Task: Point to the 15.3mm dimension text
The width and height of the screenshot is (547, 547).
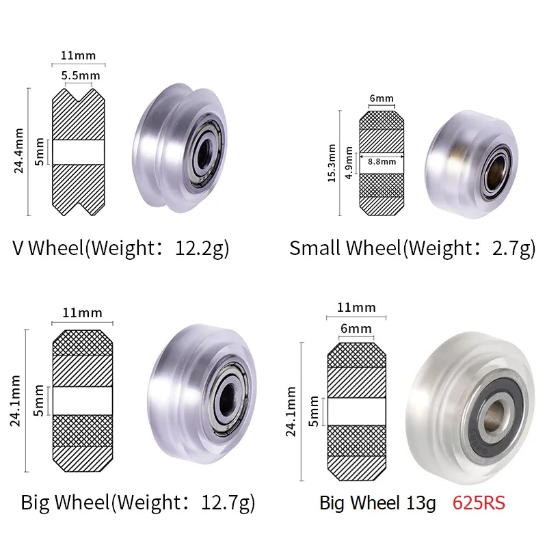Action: [332, 163]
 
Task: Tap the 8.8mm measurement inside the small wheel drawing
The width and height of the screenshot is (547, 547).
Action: [382, 162]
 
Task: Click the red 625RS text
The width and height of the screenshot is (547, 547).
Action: [479, 503]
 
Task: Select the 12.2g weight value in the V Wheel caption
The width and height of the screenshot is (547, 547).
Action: [198, 248]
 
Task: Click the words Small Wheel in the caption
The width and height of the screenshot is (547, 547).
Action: [344, 248]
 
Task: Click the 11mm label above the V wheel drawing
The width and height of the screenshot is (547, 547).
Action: [78, 55]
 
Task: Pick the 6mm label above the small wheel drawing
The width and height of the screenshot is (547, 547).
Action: [381, 98]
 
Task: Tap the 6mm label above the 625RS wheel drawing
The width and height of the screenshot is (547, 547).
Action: [356, 329]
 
